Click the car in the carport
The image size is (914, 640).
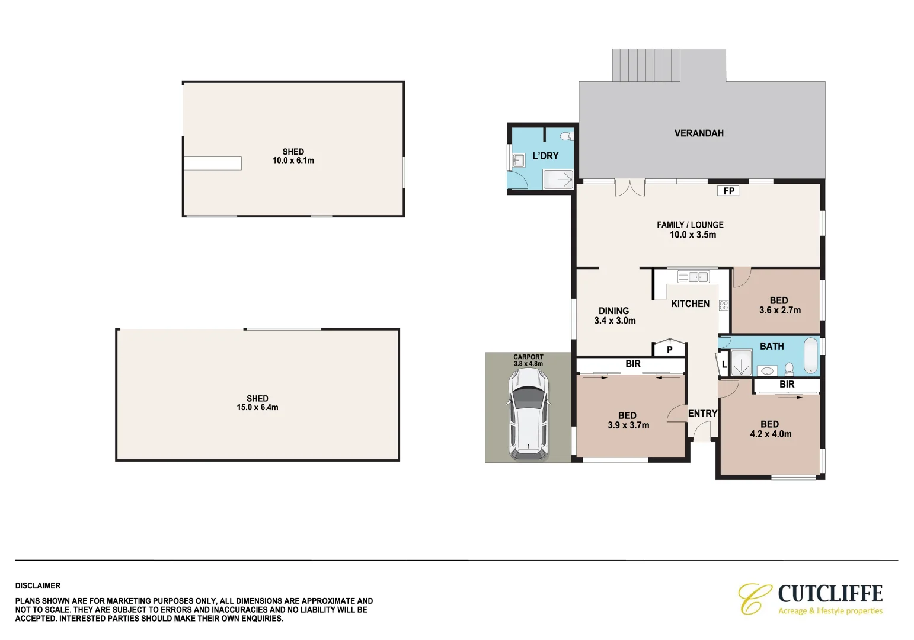(x=528, y=414)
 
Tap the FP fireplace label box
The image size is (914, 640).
(x=728, y=191)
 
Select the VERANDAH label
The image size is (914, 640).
(x=699, y=133)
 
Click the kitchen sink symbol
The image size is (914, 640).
(x=693, y=277)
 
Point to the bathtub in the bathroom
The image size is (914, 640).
(x=810, y=355)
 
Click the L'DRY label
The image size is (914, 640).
(x=545, y=156)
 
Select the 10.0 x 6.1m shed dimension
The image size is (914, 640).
(x=293, y=161)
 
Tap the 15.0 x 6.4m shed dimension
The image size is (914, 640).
(x=257, y=407)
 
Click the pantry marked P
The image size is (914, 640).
(x=669, y=348)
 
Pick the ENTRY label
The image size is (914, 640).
(x=702, y=413)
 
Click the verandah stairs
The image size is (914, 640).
(x=646, y=65)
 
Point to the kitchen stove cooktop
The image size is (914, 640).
(x=724, y=305)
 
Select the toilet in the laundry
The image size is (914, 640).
(x=568, y=136)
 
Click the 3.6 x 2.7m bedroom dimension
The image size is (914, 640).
(x=779, y=310)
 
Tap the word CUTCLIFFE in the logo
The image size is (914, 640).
(x=830, y=593)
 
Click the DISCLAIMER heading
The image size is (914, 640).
(x=38, y=585)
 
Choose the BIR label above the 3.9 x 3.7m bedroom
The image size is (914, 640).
(x=632, y=364)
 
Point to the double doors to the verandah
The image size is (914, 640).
(x=629, y=187)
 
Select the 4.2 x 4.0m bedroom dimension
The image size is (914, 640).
(x=771, y=434)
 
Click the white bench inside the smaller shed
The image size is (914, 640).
(x=213, y=163)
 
